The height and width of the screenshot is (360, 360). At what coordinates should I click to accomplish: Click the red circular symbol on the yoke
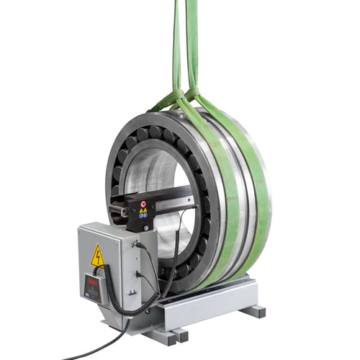pyautogui.click(x=143, y=204)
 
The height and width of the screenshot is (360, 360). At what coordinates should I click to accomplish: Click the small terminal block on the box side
pyautogui.click(x=132, y=291)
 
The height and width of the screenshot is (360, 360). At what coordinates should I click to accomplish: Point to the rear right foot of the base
pyautogui.click(x=254, y=311)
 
